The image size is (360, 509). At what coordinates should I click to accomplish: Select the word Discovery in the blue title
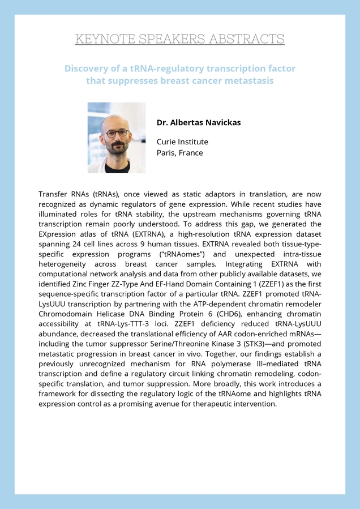point(85,69)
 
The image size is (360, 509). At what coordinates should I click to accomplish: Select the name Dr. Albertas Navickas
point(199,122)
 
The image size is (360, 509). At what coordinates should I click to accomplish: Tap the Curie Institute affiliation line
point(182,142)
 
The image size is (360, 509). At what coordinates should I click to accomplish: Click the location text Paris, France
point(179,153)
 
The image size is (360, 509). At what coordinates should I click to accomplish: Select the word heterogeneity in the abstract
point(66,264)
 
